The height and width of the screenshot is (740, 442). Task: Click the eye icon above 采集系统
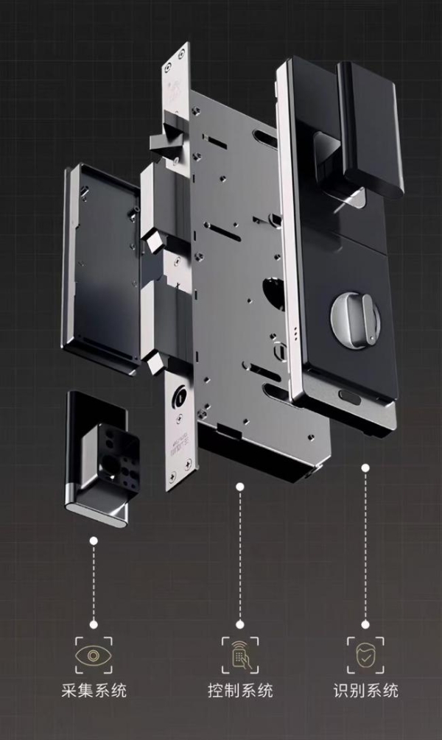tap(94, 655)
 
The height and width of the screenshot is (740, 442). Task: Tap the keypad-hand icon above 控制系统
tap(240, 655)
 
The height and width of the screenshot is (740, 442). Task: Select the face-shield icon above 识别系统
tap(365, 655)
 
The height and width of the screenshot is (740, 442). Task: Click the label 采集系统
tap(94, 691)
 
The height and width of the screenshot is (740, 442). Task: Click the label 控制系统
tap(240, 691)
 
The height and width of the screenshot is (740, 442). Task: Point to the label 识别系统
tap(366, 691)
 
